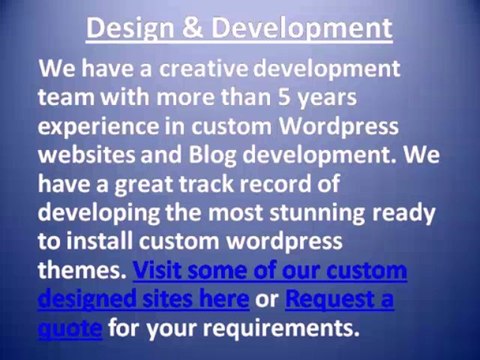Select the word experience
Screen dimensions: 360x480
click(99, 128)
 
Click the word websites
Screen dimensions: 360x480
click(87, 157)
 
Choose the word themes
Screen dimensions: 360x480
click(82, 271)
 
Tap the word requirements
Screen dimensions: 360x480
click(274, 328)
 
